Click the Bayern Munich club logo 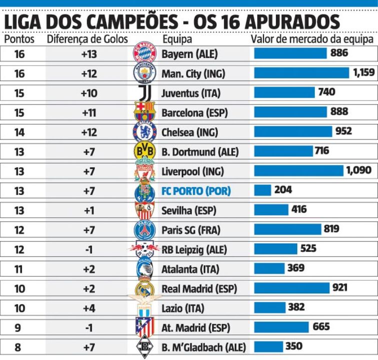144,53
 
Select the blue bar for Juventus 284,92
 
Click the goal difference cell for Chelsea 89,132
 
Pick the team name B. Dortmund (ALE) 200,151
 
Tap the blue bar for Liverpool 298,170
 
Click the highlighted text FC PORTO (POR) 196,190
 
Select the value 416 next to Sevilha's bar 299,209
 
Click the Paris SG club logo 144,229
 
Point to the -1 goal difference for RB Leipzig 89,249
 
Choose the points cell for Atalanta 20,268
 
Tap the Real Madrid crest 144,288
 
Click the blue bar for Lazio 269,307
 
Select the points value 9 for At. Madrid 20,327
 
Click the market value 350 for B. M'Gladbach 294,346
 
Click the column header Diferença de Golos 87,39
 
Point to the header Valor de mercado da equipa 311,39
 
